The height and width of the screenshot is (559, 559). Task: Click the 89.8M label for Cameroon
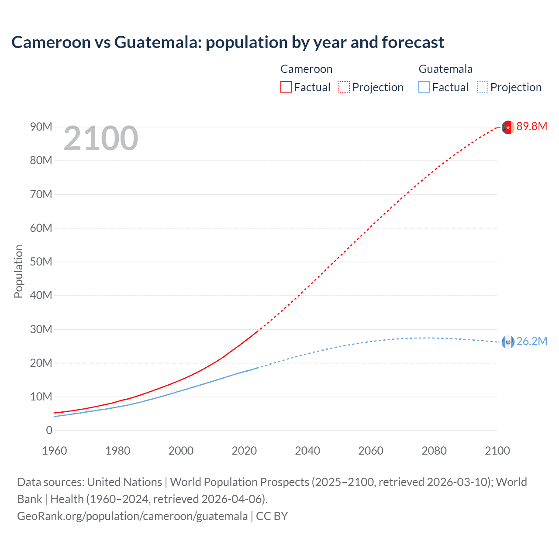531,127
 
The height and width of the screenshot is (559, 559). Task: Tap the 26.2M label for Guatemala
531,342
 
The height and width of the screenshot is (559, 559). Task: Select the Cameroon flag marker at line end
507,127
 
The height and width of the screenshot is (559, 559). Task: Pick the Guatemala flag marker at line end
507,342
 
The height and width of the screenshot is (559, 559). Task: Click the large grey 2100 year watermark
101,139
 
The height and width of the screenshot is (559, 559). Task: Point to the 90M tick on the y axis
41,127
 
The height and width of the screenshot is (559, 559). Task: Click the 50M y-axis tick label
41,262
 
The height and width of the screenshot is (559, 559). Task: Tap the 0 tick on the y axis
49,431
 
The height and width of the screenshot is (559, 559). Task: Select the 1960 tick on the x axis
55,451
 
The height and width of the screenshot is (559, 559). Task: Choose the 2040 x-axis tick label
307,451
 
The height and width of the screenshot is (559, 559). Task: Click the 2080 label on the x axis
434,451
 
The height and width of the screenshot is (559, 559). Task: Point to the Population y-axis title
18,271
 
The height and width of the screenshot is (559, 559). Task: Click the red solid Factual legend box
286,87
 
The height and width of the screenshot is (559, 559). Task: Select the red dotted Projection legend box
344,87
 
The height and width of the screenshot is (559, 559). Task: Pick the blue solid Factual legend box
424,87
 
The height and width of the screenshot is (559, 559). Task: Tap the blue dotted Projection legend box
483,87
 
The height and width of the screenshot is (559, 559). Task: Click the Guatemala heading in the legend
445,69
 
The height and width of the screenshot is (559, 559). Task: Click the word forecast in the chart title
413,42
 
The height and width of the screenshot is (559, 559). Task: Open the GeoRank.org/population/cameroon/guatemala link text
132,516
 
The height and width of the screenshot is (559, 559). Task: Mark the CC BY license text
272,516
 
